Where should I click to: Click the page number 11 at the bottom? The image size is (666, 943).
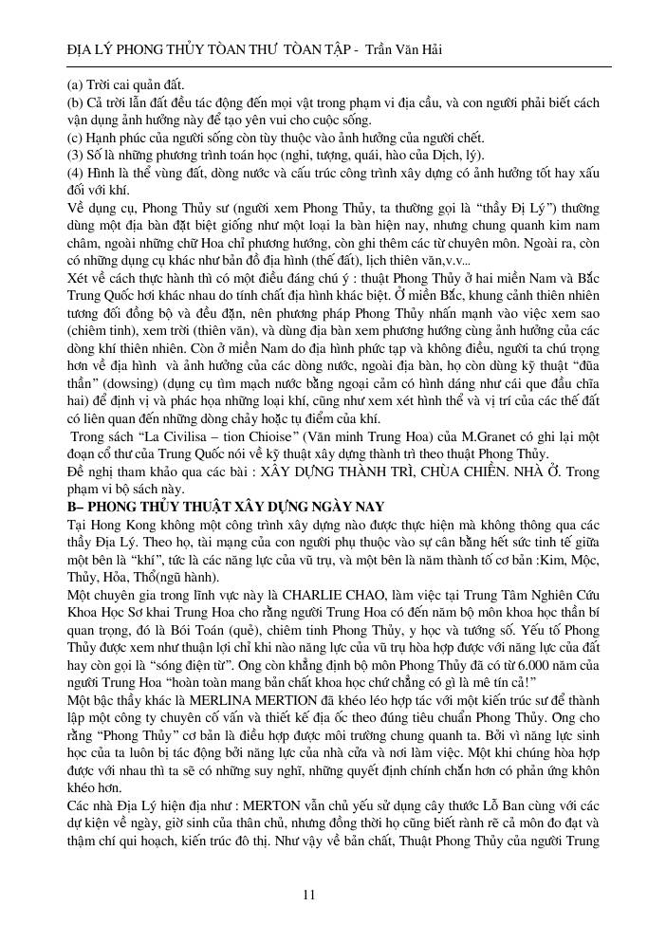point(309,894)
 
